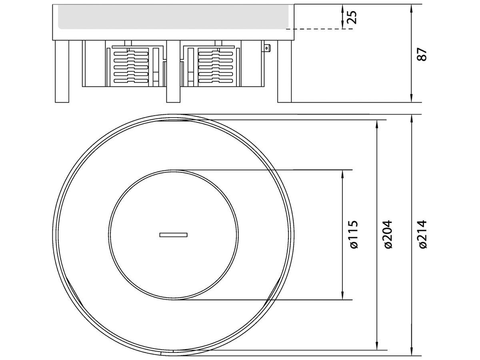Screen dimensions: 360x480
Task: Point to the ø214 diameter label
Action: pyautogui.click(x=423, y=235)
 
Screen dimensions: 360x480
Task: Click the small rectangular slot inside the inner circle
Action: pyautogui.click(x=173, y=235)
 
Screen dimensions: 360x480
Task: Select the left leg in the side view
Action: pyautogui.click(x=62, y=71)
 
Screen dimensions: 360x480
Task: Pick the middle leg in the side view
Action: pyautogui.click(x=173, y=71)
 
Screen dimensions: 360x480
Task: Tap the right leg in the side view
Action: pyautogui.click(x=284, y=71)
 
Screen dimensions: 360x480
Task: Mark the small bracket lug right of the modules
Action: pyautogui.click(x=266, y=48)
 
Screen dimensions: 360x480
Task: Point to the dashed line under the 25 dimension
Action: pyautogui.click(x=316, y=29)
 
